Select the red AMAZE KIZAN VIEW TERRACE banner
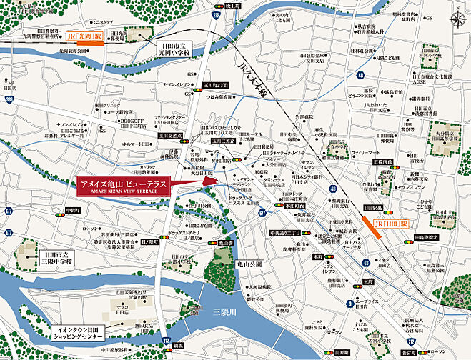(122, 184)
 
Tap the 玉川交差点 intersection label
(172, 134)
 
